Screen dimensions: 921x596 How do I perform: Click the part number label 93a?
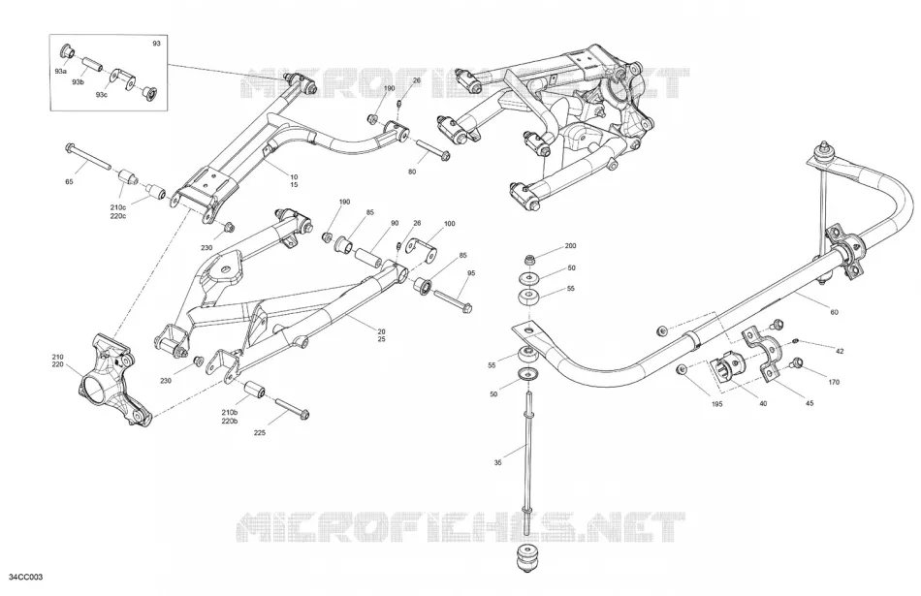[x=60, y=71]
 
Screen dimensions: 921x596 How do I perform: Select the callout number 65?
[x=69, y=182]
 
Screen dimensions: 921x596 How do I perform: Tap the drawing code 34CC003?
[x=26, y=578]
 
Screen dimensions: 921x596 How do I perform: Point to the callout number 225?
[x=260, y=433]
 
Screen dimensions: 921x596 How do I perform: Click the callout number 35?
[x=498, y=462]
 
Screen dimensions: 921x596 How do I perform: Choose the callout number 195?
[x=717, y=404]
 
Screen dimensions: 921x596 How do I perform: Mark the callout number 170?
[x=834, y=382]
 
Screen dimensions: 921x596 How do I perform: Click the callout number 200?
[x=570, y=246]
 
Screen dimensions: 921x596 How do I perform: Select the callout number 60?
[x=834, y=312]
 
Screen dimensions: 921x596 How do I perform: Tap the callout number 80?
[x=412, y=173]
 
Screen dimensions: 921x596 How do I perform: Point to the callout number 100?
[x=449, y=224]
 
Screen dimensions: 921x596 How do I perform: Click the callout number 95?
[x=471, y=273]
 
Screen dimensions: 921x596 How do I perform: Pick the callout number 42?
[x=840, y=351]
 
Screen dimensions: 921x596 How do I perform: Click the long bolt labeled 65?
[x=88, y=156]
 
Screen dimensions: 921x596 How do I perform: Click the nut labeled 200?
[x=530, y=259]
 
